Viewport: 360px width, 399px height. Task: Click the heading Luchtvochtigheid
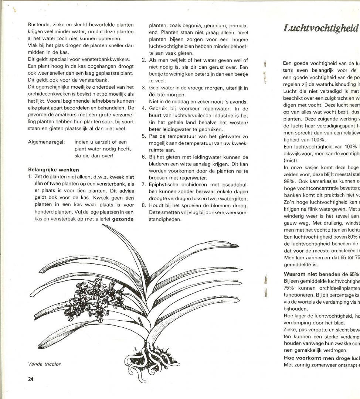click(321, 28)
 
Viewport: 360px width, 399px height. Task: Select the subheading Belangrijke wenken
click(54, 170)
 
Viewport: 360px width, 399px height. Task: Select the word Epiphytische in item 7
click(164, 184)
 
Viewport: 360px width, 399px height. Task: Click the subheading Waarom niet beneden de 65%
click(321, 274)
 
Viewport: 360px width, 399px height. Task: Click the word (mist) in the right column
click(289, 161)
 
